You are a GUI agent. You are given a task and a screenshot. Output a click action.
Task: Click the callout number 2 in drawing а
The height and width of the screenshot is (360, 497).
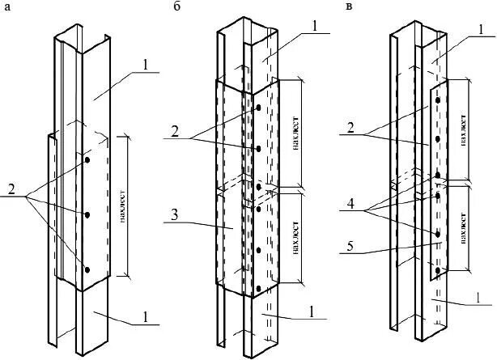pos(11,191)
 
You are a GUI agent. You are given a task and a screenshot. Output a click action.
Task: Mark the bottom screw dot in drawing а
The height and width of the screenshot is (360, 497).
pos(87,269)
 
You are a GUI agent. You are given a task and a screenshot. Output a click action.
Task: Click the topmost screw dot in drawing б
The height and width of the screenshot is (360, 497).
pos(257,108)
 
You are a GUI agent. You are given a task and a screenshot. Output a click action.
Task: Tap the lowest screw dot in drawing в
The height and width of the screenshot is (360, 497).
pos(437,269)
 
